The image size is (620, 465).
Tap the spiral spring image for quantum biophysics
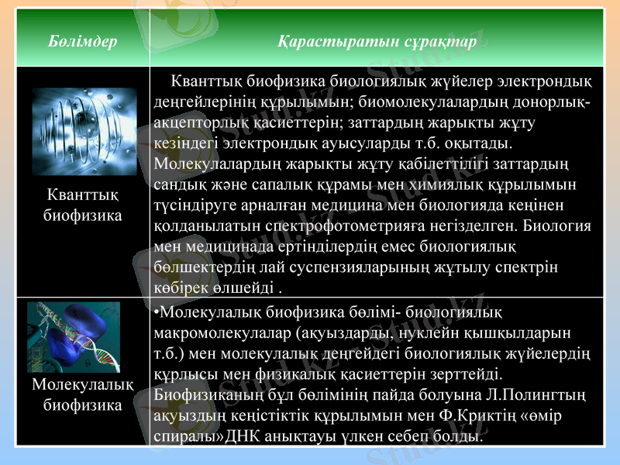coord(84,131)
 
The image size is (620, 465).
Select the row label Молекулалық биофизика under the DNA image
coord(82,395)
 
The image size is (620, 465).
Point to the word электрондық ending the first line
coord(545,81)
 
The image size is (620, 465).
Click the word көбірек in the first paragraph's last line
coord(181,289)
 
